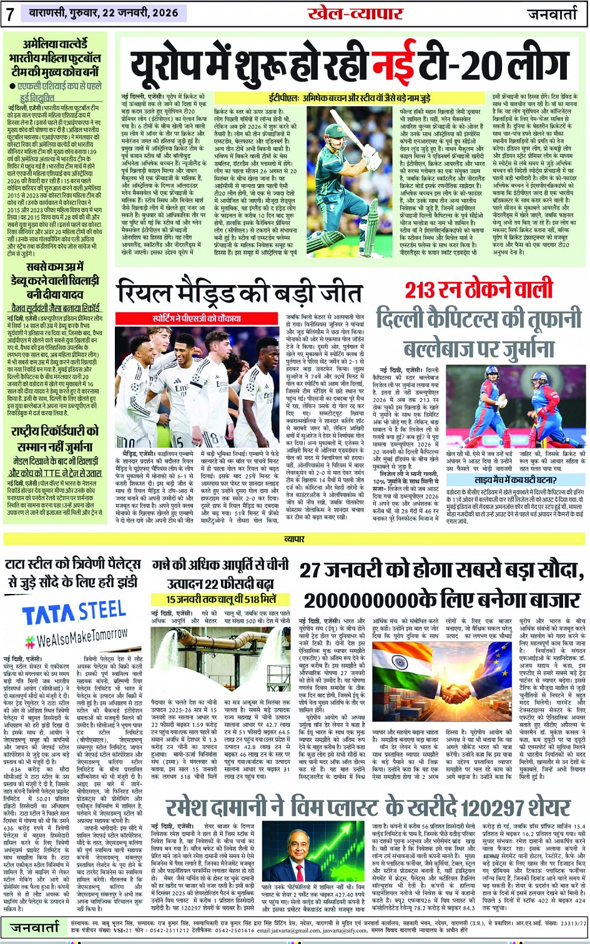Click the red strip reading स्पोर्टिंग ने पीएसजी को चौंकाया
(195, 318)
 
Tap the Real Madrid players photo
(195, 386)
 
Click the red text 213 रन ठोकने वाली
(479, 290)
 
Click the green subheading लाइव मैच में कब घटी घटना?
(515, 480)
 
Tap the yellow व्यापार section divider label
(294, 538)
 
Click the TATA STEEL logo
(74, 612)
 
